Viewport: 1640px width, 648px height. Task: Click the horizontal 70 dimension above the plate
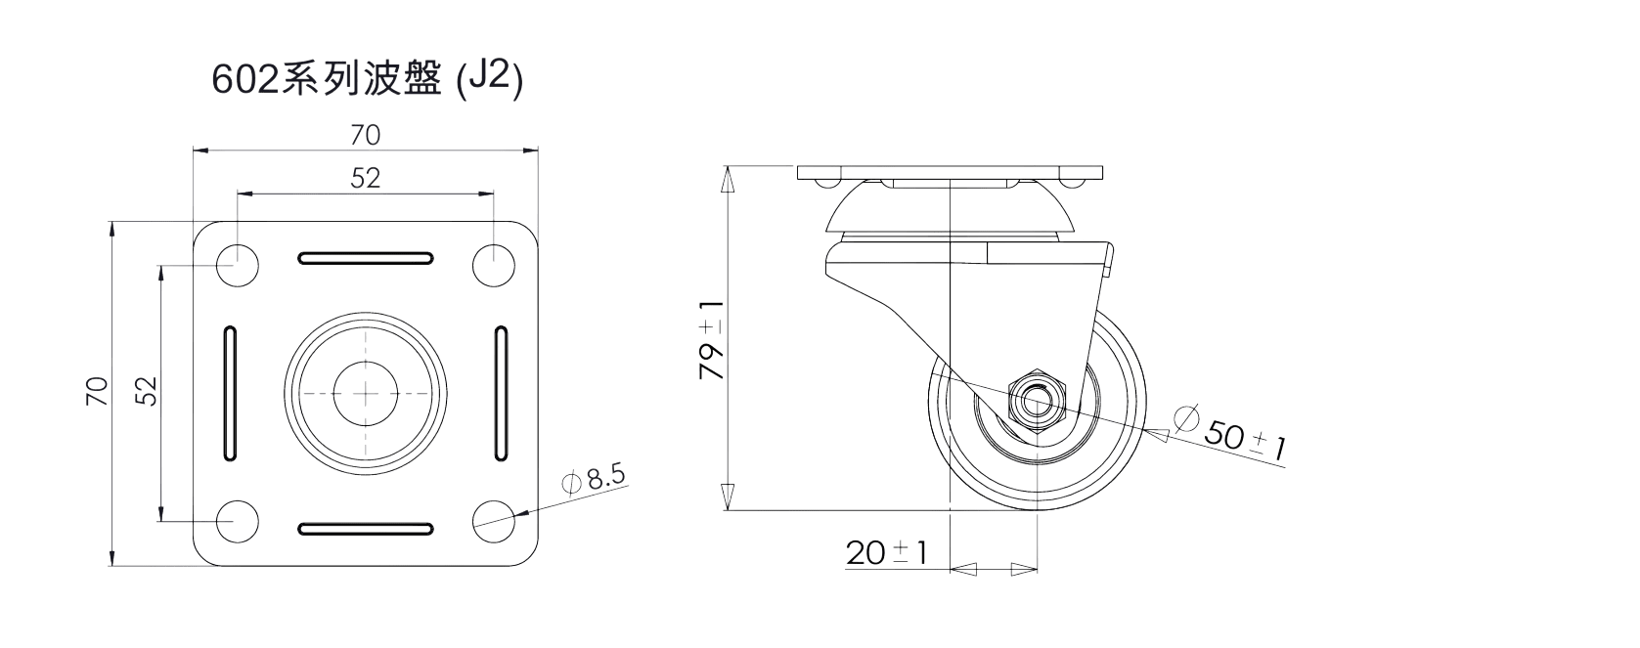(366, 135)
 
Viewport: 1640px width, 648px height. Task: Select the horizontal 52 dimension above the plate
(366, 178)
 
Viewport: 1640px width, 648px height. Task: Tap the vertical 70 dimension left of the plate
(98, 392)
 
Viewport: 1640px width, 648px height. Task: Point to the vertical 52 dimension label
(147, 392)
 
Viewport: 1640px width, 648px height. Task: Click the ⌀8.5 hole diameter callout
(594, 479)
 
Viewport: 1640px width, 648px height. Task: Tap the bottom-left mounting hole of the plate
(238, 522)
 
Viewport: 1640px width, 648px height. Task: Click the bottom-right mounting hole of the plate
(494, 522)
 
